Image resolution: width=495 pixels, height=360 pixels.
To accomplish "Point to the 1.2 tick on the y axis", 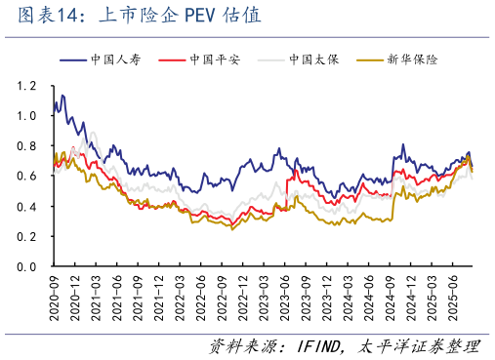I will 26,86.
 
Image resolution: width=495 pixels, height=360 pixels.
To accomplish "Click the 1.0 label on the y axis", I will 26,116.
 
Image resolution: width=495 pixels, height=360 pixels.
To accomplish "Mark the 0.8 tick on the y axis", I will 26,146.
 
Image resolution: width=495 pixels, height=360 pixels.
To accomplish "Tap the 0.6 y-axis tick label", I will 26,177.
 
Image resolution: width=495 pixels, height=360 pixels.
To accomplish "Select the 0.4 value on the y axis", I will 26,207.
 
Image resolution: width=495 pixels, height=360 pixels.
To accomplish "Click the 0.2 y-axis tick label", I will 26,237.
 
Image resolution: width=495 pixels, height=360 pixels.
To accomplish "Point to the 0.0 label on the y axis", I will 26,266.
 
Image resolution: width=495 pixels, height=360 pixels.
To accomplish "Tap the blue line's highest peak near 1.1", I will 62,96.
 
